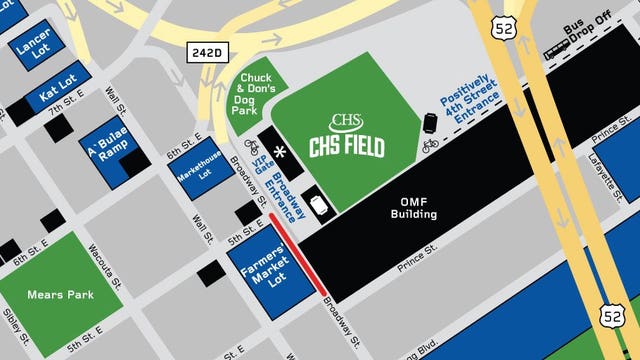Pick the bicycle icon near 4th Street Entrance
(430, 146)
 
